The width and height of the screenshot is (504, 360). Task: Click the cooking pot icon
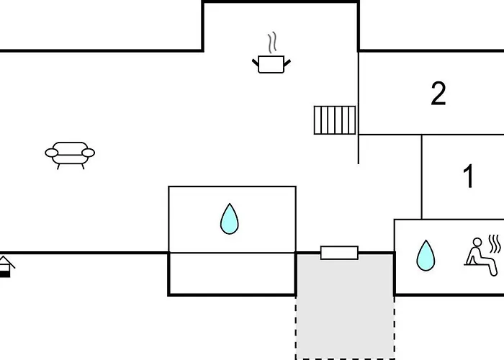271,65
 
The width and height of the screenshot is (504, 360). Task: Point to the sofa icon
70,153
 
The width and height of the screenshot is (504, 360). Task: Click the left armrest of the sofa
52,152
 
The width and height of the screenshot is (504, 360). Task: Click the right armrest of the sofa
88,152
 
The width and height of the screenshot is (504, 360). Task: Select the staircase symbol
335,120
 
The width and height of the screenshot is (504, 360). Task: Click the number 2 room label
438,94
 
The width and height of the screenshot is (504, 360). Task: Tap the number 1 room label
469,176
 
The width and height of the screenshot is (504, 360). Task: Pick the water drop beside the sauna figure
426,255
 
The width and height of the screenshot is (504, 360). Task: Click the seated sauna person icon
477,258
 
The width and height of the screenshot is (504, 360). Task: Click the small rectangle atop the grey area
339,253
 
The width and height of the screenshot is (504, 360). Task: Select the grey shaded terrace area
345,306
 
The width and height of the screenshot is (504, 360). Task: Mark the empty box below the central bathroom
232,274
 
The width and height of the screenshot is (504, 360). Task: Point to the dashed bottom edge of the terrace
345,358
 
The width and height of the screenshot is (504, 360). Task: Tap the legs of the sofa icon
70,166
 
